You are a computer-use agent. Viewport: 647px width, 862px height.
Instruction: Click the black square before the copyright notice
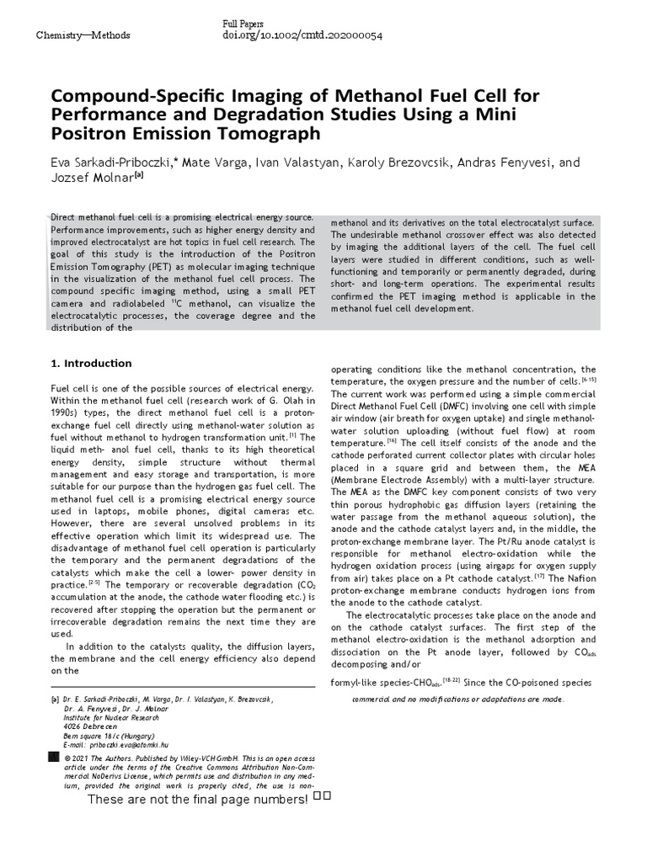(x=56, y=757)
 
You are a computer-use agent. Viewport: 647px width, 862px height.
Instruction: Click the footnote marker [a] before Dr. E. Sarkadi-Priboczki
(x=56, y=700)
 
